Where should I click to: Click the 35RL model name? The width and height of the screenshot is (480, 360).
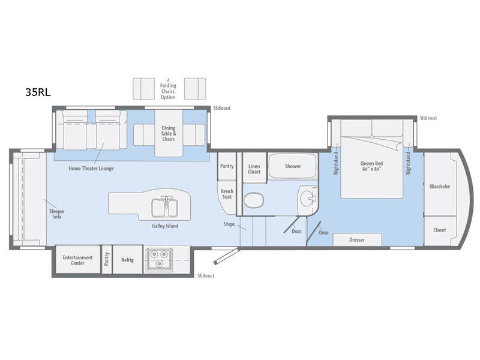click(x=38, y=92)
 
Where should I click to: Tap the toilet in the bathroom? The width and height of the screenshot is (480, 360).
click(x=254, y=200)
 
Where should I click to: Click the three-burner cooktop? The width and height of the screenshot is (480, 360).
click(x=159, y=259)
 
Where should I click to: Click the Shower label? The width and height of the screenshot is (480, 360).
click(x=293, y=166)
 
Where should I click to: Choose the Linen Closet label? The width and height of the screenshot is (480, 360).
click(x=254, y=169)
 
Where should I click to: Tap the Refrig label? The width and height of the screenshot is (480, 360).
click(x=127, y=260)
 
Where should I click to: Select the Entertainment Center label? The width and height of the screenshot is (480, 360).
click(x=77, y=260)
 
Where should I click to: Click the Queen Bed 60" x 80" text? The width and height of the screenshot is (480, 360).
click(x=371, y=166)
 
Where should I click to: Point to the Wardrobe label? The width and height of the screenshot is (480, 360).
click(x=440, y=187)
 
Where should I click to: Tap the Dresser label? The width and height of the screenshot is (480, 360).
click(x=357, y=239)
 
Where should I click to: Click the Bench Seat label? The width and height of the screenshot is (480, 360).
click(x=227, y=194)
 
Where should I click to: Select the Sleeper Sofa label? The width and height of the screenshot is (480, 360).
click(x=57, y=214)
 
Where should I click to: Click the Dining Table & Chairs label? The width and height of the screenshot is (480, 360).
click(x=169, y=133)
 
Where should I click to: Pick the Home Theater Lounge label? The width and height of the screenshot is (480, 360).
click(x=91, y=169)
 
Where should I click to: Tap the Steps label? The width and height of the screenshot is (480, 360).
click(x=229, y=224)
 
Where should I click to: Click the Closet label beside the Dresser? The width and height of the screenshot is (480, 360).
click(x=440, y=230)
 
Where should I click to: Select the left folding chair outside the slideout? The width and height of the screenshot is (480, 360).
click(x=143, y=89)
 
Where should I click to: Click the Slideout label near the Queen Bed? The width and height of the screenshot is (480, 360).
click(x=428, y=118)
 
